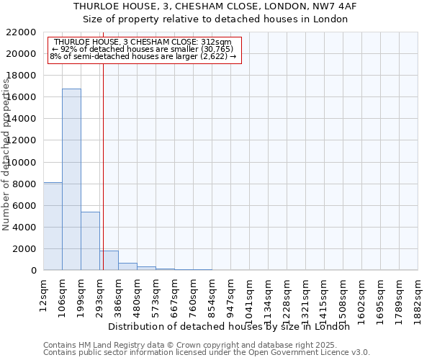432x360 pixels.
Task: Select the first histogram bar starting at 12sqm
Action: (53, 226)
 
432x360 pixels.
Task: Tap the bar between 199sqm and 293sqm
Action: (90, 241)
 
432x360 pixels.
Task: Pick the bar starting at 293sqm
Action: (109, 261)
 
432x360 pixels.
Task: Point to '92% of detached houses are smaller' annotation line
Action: (141, 49)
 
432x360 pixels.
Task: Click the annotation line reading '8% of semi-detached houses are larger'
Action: (143, 56)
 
